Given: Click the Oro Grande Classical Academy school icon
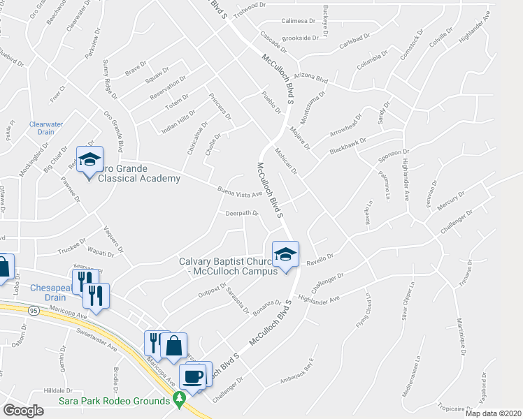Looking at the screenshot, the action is point(89,160).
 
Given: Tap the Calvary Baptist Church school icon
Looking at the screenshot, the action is point(285,255).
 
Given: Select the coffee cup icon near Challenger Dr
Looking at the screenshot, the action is point(193,376).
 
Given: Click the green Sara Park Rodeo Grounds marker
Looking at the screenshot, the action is point(180,401).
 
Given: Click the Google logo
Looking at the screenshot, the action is point(24,411).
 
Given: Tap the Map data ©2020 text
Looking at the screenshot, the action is point(492,413).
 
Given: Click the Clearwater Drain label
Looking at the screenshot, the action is point(46,128).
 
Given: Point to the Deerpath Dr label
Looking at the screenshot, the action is point(242,214).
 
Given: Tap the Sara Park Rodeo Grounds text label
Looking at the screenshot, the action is point(124,401).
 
